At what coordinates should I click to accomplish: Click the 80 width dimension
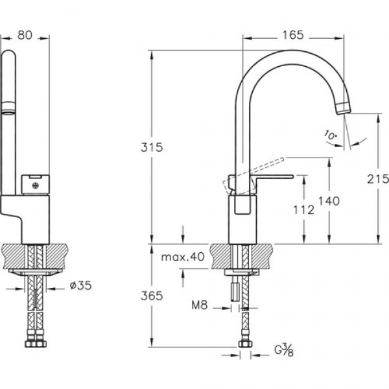pos(25,35)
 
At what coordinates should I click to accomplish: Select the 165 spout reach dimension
pos(293,35)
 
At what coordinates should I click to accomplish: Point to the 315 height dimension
pos(152,147)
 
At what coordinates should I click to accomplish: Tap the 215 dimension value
pos(377,179)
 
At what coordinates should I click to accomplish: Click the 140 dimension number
pos(329,201)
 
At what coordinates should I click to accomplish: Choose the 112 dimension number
pos(303,210)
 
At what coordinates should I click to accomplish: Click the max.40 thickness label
pos(183,257)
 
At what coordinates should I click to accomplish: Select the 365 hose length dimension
pos(152,296)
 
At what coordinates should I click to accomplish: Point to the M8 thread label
pos(200,305)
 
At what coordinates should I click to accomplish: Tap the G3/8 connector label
pos(284,350)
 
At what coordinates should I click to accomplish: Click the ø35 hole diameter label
pos(81,285)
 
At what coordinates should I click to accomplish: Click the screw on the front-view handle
pos(36,185)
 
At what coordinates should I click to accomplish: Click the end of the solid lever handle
pos(292,176)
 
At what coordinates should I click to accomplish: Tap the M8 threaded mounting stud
pos(235,292)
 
